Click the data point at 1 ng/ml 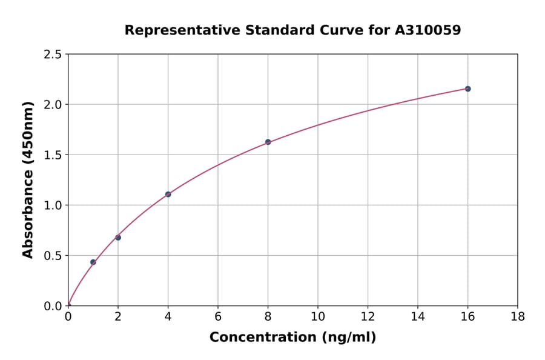click(x=93, y=262)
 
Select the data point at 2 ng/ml click(x=118, y=238)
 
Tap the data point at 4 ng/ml click(x=168, y=195)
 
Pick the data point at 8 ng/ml click(x=268, y=142)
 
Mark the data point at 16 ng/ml click(x=467, y=89)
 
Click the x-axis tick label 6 click(x=218, y=316)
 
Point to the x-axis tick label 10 click(x=318, y=316)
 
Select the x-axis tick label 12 click(x=368, y=316)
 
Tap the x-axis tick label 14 click(x=418, y=316)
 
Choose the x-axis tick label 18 click(x=517, y=316)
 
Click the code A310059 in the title click(x=428, y=30)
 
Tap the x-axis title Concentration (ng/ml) click(x=292, y=338)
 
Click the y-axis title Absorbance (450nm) click(x=28, y=179)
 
